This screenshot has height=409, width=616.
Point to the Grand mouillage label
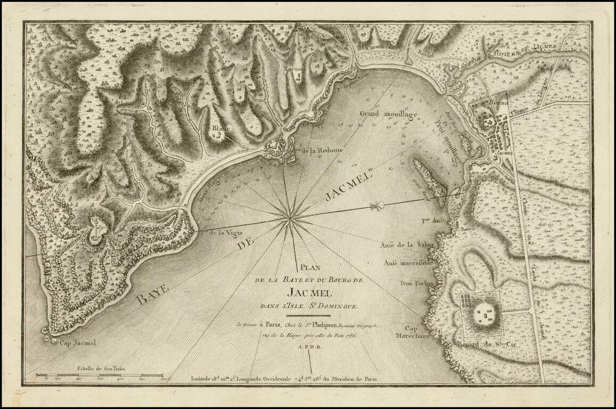pos(382,114)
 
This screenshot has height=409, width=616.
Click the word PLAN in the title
pos(308,268)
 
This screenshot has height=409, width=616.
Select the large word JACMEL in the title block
pos(309,292)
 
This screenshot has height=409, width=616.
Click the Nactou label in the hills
pos(294,69)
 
